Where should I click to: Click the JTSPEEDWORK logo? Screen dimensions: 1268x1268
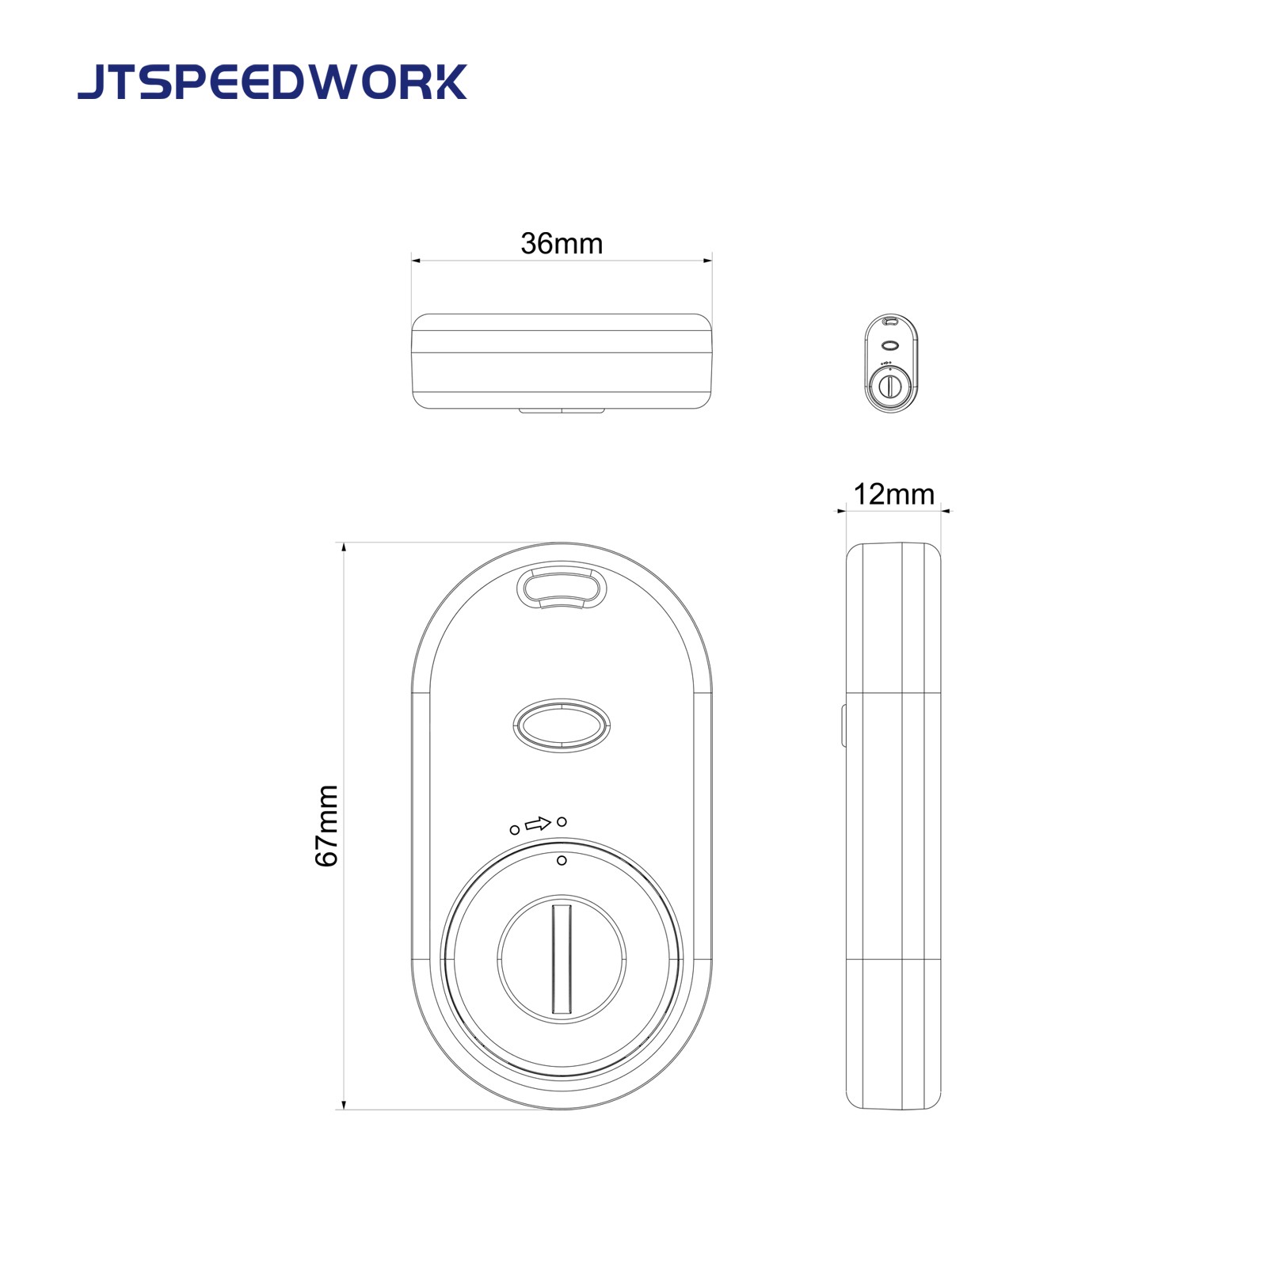(x=272, y=82)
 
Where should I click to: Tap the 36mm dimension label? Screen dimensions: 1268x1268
(x=562, y=243)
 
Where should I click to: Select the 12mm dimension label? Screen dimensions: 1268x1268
(x=893, y=494)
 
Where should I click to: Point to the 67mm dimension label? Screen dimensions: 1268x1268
(x=327, y=825)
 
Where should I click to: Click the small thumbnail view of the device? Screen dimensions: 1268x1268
(x=892, y=363)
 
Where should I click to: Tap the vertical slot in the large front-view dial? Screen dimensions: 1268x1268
(x=562, y=959)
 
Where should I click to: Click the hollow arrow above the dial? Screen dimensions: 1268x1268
(x=538, y=824)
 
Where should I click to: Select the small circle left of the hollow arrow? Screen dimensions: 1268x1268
(x=515, y=829)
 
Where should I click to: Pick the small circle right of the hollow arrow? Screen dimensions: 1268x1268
(x=562, y=821)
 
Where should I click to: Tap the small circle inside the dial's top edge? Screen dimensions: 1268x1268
(x=562, y=860)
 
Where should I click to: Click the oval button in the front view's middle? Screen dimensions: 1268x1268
(x=562, y=725)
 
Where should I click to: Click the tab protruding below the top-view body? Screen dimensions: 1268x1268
(x=562, y=410)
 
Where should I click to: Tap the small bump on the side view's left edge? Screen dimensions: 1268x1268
(x=844, y=725)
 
